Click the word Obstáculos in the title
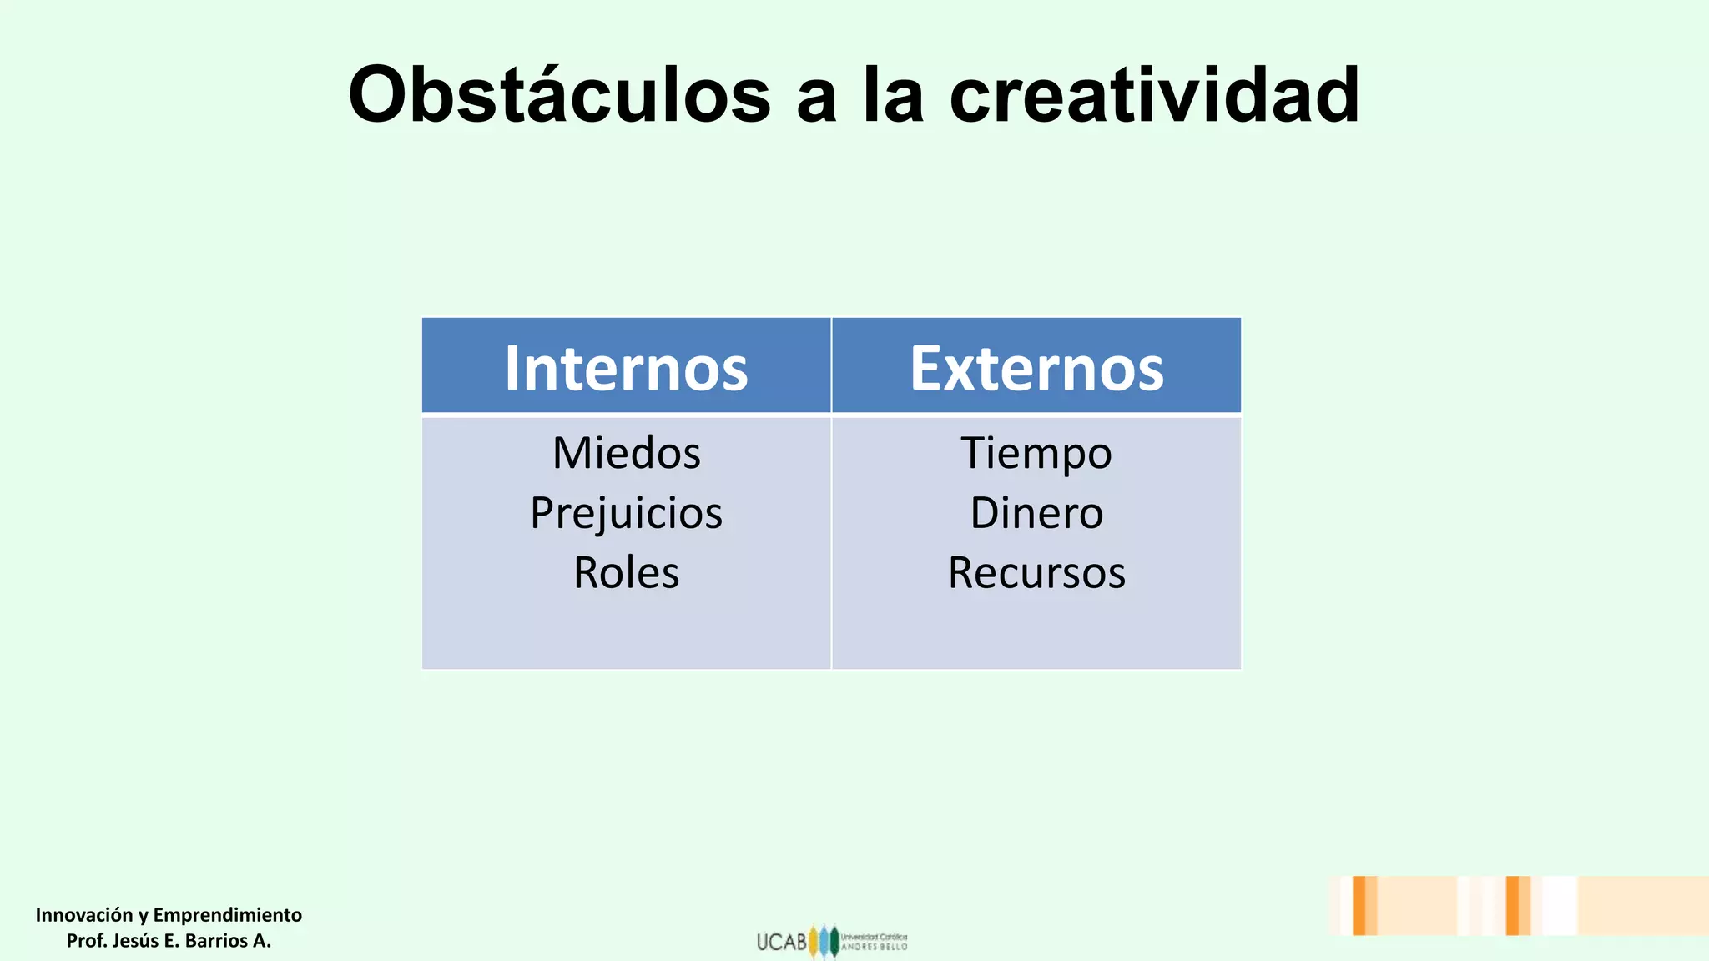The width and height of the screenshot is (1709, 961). (x=559, y=94)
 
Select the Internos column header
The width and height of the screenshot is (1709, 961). (x=626, y=368)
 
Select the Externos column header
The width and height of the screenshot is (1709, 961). (x=1036, y=368)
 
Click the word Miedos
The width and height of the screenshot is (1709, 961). (x=627, y=453)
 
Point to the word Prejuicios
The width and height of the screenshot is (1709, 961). (x=627, y=513)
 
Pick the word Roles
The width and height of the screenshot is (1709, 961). (x=627, y=573)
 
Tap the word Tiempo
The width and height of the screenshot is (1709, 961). (x=1036, y=453)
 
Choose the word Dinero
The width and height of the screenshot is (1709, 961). (x=1036, y=513)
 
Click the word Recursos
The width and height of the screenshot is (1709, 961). (x=1036, y=573)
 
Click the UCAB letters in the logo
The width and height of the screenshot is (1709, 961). (x=782, y=942)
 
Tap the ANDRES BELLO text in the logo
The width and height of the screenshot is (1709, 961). (x=874, y=947)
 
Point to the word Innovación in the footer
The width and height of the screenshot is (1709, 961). (x=84, y=915)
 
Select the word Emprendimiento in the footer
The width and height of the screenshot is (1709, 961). (x=228, y=915)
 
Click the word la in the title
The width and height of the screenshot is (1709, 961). (x=893, y=94)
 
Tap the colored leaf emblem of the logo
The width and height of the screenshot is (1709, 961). (x=824, y=941)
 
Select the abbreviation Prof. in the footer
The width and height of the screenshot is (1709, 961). (x=86, y=941)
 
